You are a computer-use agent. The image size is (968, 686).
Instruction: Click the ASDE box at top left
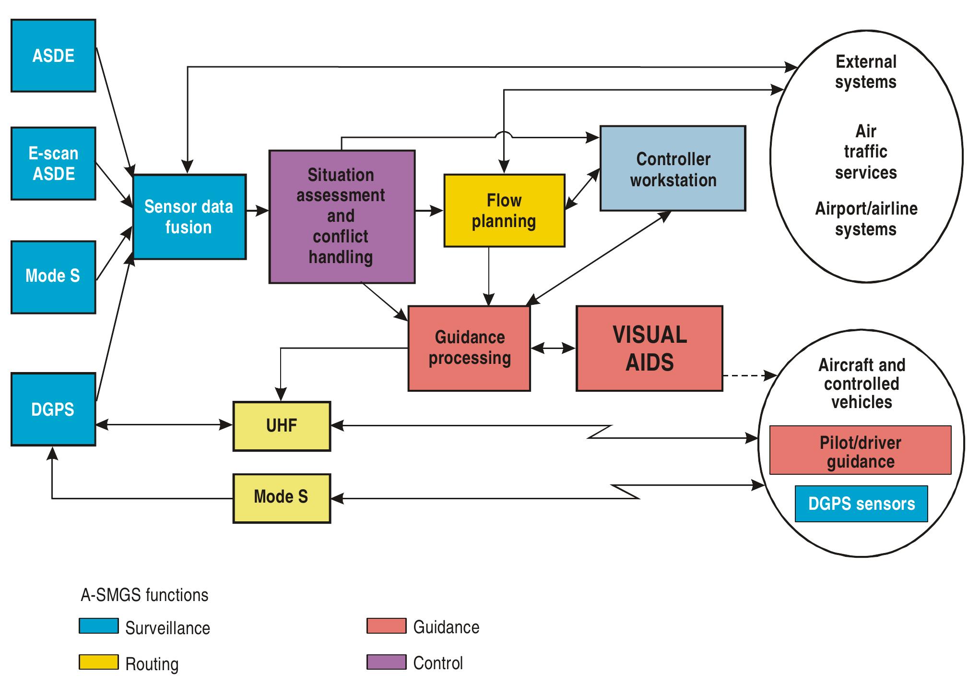(x=53, y=56)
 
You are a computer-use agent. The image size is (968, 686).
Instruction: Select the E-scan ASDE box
(x=53, y=163)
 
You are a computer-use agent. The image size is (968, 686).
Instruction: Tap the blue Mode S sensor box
(x=53, y=277)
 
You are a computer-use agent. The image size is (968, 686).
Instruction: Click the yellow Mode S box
(x=282, y=498)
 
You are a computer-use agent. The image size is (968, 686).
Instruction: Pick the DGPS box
(x=53, y=409)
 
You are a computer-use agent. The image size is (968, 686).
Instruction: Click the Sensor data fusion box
(x=189, y=217)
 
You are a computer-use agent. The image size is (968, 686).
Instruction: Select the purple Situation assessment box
(x=342, y=217)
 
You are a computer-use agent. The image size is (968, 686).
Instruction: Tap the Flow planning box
(x=504, y=211)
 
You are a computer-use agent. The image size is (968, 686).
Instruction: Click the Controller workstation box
(x=673, y=168)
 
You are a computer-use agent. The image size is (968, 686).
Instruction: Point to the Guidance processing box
(x=469, y=349)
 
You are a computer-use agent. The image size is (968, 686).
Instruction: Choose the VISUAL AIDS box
(x=649, y=349)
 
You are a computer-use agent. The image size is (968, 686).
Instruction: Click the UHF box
(x=282, y=426)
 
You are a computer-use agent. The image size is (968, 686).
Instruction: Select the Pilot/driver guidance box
(x=860, y=450)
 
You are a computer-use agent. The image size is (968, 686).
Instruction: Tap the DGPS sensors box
(x=861, y=504)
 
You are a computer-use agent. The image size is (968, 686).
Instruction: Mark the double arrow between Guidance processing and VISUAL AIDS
(x=553, y=348)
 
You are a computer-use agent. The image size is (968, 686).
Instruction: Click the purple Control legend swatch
(x=386, y=662)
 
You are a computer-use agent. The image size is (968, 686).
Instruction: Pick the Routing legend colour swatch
(x=98, y=662)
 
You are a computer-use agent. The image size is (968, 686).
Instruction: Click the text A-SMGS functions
(x=144, y=595)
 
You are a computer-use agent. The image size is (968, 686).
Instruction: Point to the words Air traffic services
(x=865, y=152)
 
